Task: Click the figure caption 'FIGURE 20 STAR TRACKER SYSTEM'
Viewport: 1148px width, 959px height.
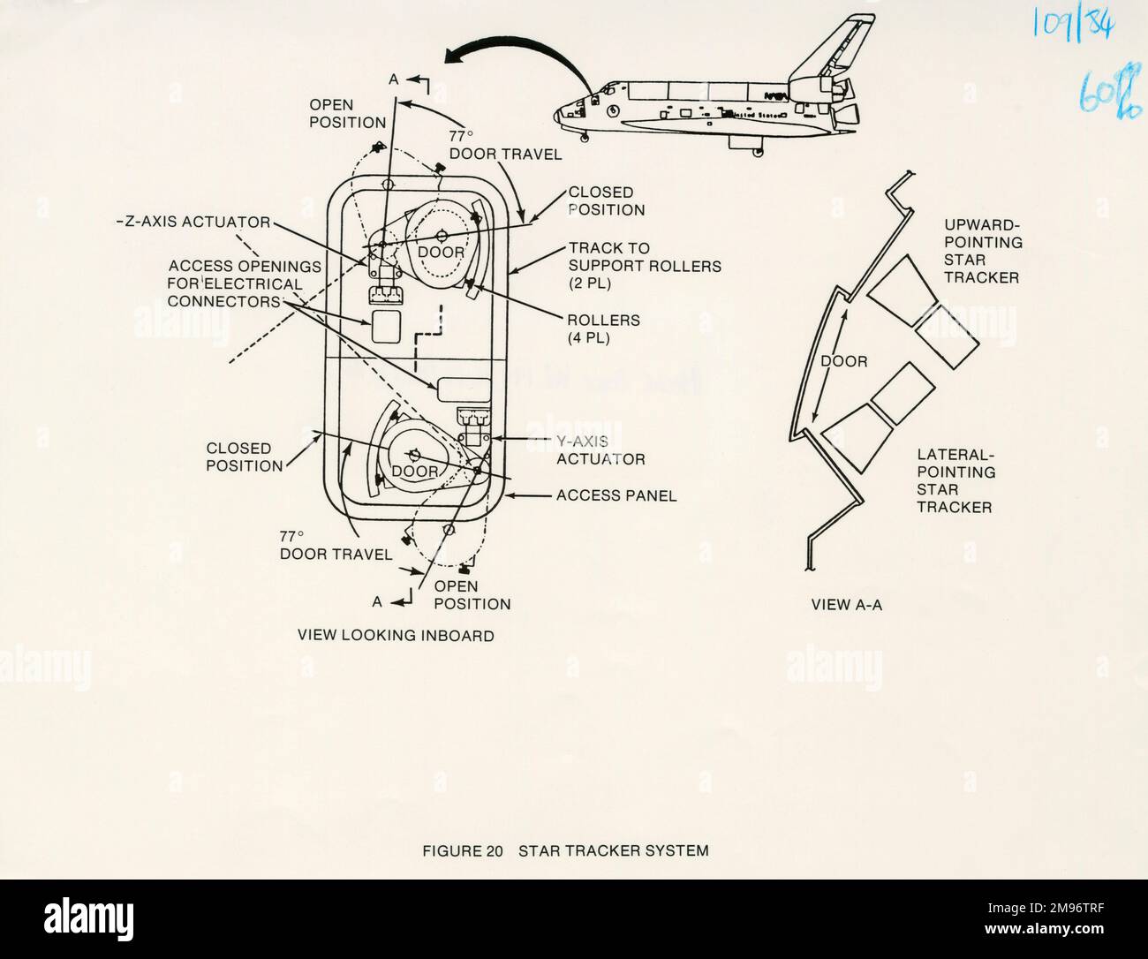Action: (x=565, y=851)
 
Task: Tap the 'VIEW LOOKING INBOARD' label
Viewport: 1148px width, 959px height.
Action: (x=396, y=635)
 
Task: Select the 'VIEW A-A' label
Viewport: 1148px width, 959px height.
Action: (x=846, y=606)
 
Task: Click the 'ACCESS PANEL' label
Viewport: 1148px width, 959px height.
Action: (x=616, y=495)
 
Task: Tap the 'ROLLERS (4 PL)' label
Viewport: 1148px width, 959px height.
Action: (x=604, y=328)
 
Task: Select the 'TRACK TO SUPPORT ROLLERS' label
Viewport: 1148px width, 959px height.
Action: (x=631, y=266)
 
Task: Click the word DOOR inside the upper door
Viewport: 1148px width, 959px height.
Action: (x=441, y=253)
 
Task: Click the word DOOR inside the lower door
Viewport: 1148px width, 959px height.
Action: (x=415, y=472)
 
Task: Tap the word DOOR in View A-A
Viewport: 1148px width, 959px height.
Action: (x=844, y=361)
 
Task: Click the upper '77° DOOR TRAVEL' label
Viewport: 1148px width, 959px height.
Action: (x=505, y=146)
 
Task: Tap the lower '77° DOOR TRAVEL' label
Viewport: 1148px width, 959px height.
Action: (x=336, y=545)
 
